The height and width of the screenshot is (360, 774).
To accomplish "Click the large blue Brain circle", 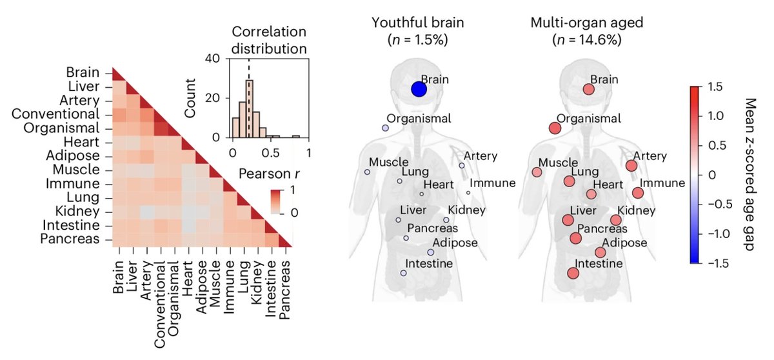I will [419, 89].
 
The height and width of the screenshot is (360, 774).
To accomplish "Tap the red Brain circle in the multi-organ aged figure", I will [588, 90].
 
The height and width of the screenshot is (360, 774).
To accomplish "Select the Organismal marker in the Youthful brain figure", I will [385, 128].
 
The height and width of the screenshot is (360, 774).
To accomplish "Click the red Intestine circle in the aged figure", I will [573, 273].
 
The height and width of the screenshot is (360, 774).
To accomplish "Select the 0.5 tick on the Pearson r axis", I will [271, 154].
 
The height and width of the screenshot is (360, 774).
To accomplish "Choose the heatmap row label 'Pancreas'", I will [76, 239].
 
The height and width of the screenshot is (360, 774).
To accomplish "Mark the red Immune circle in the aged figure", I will [638, 193].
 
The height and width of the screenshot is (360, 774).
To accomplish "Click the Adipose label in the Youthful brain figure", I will [455, 243].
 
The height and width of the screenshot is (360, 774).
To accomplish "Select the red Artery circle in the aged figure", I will [631, 166].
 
